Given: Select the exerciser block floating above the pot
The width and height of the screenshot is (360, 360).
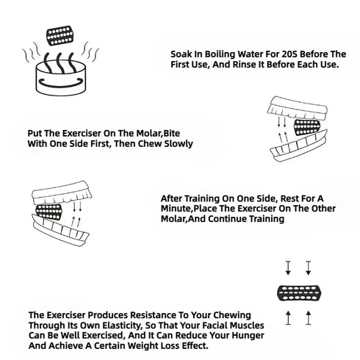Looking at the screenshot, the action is pos(60,35).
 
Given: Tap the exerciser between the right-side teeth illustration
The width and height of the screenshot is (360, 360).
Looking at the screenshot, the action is pos(307,127).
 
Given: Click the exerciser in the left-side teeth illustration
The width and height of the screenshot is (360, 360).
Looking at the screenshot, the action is pos(49,212).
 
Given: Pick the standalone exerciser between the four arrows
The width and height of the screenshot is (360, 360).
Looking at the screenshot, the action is pos(299,293).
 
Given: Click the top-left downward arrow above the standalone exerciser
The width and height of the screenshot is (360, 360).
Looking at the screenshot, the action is pos(288,267).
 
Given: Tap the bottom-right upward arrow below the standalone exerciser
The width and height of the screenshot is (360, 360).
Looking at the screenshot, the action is pos(309,318).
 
